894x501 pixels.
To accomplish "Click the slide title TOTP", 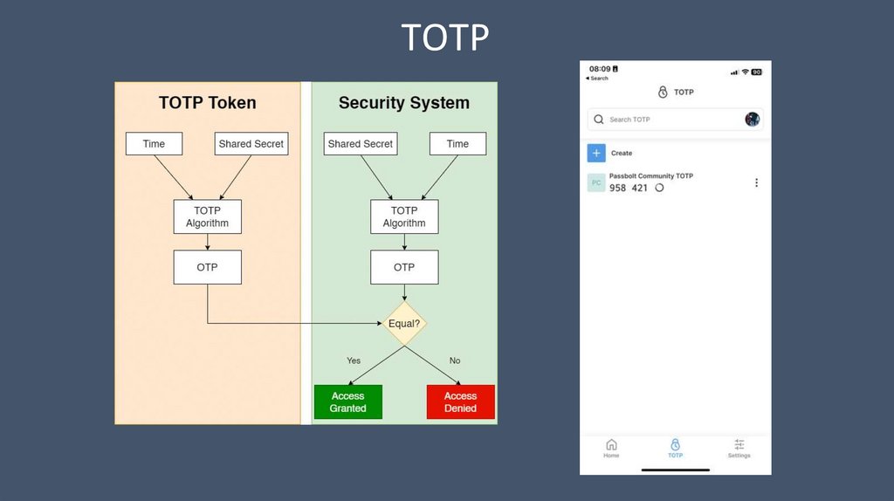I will tap(445, 38).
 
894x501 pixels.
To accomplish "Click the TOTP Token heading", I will tap(208, 103).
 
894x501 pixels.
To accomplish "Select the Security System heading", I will tap(404, 103).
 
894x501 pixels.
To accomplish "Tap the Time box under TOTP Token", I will tap(154, 144).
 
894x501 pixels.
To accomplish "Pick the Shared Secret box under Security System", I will tap(361, 144).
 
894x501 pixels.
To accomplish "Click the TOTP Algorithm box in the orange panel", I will tap(207, 216).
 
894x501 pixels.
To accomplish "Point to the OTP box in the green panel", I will tap(404, 267).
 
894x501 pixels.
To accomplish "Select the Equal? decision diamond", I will tap(404, 324).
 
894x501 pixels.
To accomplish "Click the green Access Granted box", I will tap(348, 401).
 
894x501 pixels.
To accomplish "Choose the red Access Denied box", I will tap(460, 401).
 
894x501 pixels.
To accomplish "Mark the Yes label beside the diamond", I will tap(354, 360).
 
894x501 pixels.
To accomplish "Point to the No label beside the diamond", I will tap(455, 360).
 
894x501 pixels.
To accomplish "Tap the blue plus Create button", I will tap(596, 153).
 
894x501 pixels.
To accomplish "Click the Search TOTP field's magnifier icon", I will tap(599, 120).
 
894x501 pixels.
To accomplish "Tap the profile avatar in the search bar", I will tap(752, 120).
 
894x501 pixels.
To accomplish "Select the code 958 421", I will tap(629, 188).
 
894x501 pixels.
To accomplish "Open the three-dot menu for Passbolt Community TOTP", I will tap(756, 182).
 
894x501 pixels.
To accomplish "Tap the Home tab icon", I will tap(611, 444).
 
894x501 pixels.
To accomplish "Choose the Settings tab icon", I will tap(739, 444).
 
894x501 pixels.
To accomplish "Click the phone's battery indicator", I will tap(757, 72).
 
